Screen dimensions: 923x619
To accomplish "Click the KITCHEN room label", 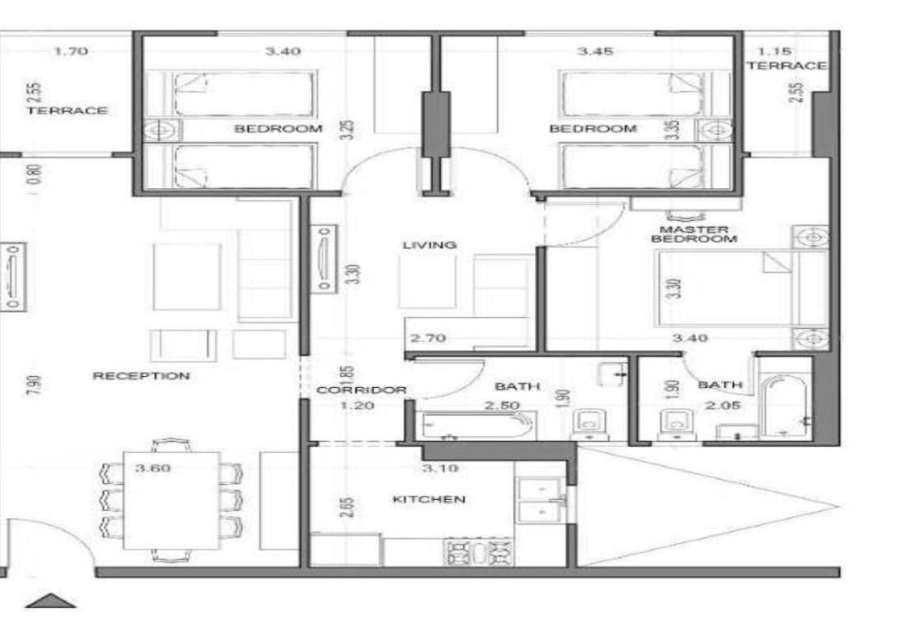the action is (428, 499).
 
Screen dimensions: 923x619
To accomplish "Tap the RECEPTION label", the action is (141, 375).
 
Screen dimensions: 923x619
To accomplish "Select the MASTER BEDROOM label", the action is (694, 233).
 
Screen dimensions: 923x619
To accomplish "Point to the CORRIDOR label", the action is (361, 390).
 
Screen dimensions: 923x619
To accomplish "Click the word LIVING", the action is (430, 244).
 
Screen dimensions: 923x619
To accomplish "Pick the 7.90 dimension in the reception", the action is (35, 386).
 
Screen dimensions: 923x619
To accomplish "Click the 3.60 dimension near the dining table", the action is (153, 468).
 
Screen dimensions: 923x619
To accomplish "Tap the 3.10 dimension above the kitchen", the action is (440, 468).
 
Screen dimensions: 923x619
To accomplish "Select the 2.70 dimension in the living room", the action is (428, 337).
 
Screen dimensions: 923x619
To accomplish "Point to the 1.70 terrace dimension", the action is (71, 51).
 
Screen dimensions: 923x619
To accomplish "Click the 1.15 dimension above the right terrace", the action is (775, 52).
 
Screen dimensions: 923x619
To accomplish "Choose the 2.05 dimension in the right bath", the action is (723, 405).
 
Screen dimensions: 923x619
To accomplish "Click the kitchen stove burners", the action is (477, 552).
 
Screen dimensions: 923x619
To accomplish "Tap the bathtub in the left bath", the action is (476, 425).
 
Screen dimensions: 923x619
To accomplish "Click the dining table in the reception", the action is (172, 500).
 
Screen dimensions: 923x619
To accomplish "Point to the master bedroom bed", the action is (741, 289).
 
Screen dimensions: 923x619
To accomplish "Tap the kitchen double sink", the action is (541, 500).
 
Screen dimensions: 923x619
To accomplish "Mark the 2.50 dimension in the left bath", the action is (502, 405).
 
